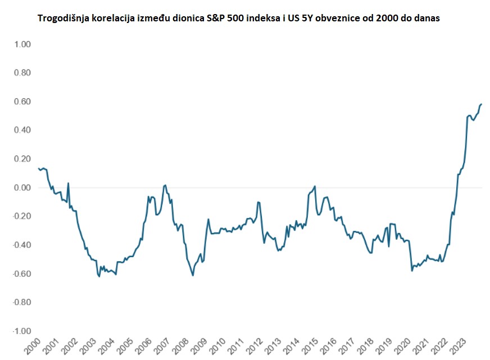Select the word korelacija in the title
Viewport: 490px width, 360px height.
coord(116,19)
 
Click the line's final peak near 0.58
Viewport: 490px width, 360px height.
coord(482,104)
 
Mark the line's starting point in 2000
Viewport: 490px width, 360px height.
coord(38,168)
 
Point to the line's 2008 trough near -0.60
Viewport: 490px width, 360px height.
coord(193,275)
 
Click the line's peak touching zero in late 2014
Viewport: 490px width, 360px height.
coord(315,186)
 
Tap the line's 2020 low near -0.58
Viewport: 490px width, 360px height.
coord(412,271)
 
